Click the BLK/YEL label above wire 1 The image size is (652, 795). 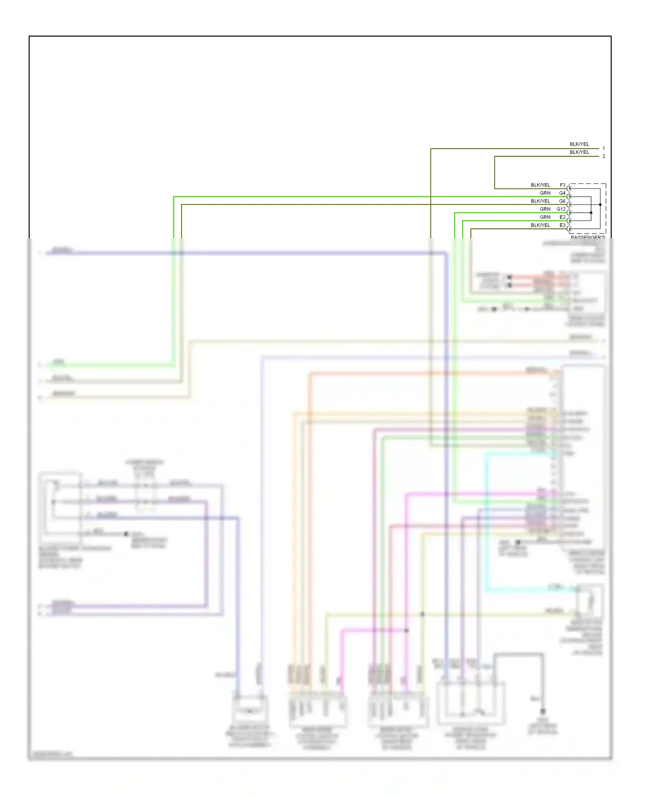tap(579, 144)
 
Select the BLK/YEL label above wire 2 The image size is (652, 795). tap(579, 152)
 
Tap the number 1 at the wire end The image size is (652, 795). tap(603, 148)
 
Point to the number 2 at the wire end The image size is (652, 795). tap(603, 156)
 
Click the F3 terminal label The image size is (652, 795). tap(562, 185)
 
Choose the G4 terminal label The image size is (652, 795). tap(562, 193)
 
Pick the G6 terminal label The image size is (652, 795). tap(562, 201)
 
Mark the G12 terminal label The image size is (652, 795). tap(561, 209)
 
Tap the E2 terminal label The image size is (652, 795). tap(562, 217)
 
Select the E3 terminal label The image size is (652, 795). tap(562, 225)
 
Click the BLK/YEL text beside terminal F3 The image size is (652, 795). tap(540, 185)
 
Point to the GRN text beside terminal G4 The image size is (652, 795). tap(545, 193)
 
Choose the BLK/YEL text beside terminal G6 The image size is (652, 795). tap(540, 201)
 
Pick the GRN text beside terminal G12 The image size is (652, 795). tap(545, 209)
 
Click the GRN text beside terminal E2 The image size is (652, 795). tap(545, 217)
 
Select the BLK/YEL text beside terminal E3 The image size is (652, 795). tap(540, 225)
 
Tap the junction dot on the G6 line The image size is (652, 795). tap(600, 204)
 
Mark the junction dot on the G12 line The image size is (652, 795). tap(591, 213)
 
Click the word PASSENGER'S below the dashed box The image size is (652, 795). tap(588, 237)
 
